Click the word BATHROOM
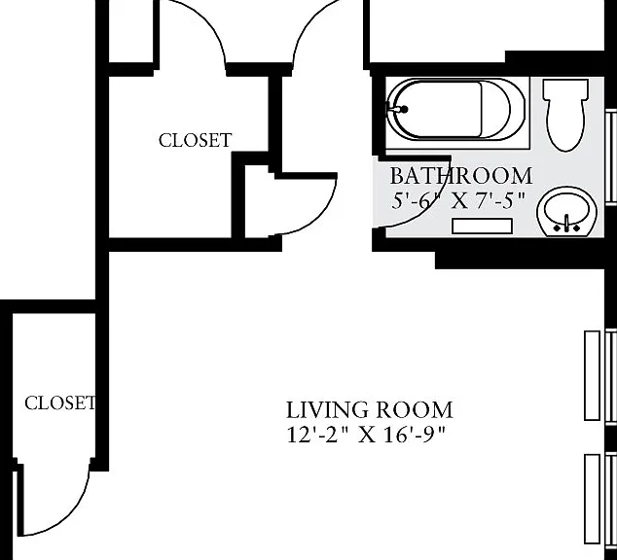(461, 176)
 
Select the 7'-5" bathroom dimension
(500, 201)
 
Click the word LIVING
(326, 410)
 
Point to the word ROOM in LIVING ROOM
(414, 410)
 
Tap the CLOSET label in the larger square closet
(196, 140)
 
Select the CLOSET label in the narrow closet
(59, 402)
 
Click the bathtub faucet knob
(404, 110)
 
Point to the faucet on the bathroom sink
(566, 223)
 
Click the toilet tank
(565, 89)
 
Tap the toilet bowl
(565, 125)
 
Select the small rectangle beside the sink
(482, 226)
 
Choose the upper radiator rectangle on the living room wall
(593, 375)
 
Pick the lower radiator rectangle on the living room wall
(593, 499)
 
